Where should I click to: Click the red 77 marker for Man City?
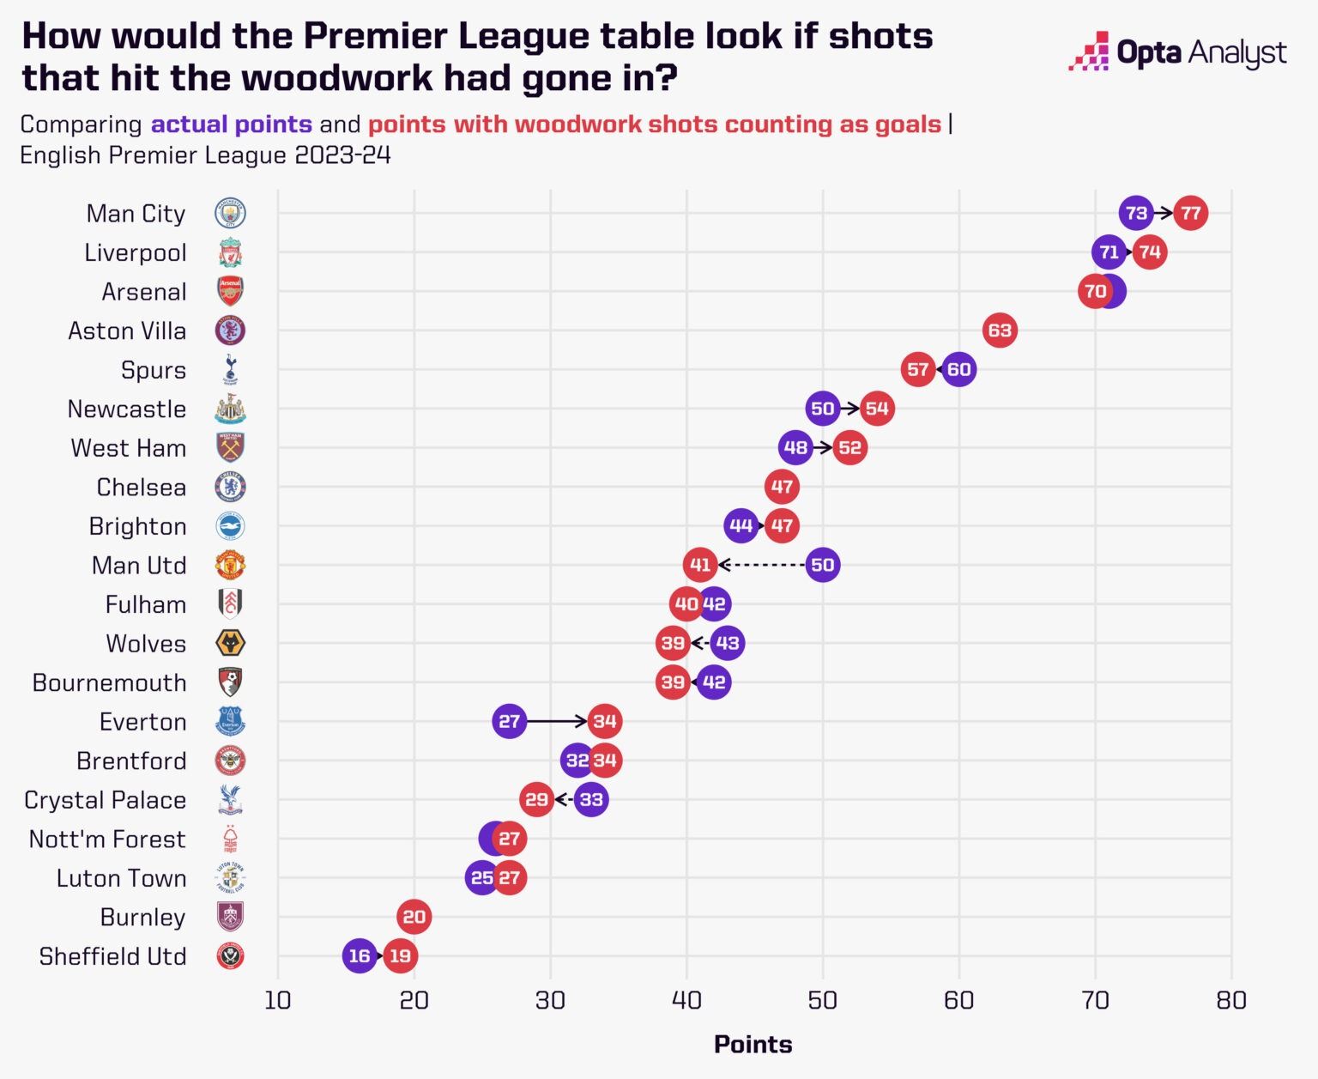(x=1190, y=213)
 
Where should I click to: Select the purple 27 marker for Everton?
(x=510, y=721)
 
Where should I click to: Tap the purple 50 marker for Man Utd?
(x=823, y=565)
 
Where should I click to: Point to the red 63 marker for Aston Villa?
(x=1000, y=330)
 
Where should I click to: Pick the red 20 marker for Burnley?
(x=414, y=917)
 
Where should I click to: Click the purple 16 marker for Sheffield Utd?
(x=360, y=955)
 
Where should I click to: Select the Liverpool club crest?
(x=230, y=252)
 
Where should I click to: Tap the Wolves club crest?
(x=230, y=643)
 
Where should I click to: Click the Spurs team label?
(x=154, y=370)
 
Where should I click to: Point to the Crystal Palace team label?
(x=106, y=800)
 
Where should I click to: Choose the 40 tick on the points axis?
(x=686, y=1000)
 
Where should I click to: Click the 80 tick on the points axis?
(x=1231, y=1000)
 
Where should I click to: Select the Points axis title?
(x=753, y=1044)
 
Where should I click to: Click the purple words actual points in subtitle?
(x=231, y=124)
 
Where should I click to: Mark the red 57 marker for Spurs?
(x=918, y=370)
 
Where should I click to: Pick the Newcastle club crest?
(x=230, y=409)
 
